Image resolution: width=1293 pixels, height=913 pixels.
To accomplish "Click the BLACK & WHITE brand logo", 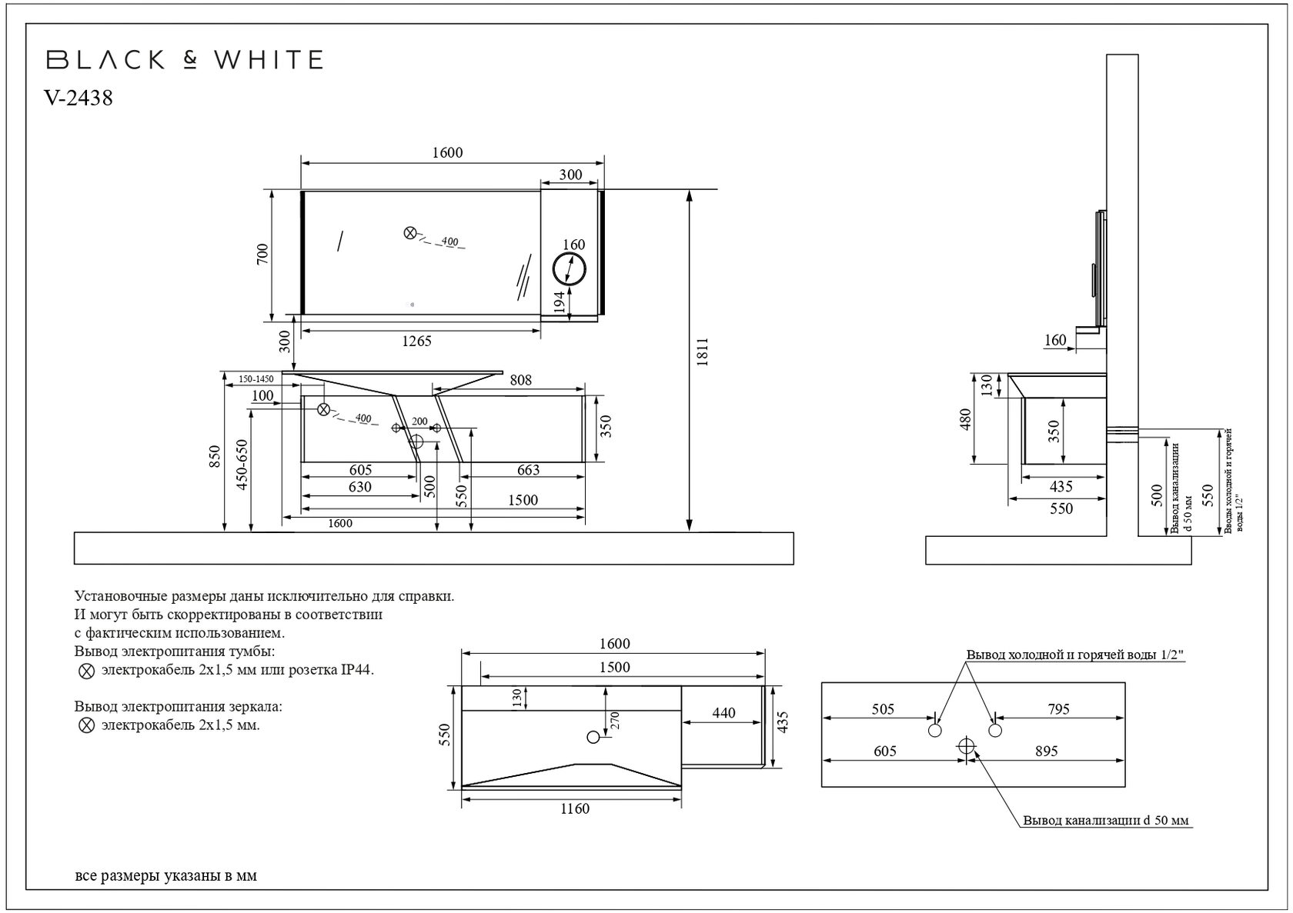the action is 185,60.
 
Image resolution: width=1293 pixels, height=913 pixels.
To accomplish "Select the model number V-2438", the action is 79,98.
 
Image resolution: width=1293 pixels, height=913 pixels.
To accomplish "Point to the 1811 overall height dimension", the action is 703,352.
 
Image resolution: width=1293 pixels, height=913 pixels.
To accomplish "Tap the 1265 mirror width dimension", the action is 417,342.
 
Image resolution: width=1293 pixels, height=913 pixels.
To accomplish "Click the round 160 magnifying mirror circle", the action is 570,268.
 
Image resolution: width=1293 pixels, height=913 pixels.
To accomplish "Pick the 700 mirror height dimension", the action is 262,254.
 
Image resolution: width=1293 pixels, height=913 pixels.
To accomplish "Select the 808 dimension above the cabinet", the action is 520,380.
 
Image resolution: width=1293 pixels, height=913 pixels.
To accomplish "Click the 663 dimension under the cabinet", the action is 528,470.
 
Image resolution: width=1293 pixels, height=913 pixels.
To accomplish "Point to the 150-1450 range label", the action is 256,379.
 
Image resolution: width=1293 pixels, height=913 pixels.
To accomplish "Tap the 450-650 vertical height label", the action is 242,465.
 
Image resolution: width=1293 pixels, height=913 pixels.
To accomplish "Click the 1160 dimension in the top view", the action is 575,808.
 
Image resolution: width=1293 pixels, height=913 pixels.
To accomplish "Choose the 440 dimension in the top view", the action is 723,713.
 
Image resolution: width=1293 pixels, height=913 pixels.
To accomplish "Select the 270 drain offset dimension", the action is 615,721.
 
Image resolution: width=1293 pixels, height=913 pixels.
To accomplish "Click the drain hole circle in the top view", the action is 593,737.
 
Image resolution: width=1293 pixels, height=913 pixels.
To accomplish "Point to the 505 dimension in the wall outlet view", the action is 884,709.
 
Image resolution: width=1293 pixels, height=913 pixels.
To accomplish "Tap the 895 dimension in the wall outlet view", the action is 1047,751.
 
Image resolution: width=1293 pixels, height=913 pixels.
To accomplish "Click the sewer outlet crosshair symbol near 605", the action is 966,746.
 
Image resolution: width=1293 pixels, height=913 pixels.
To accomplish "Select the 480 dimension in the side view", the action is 967,419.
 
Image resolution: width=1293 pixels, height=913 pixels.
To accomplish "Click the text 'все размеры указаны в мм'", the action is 166,875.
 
